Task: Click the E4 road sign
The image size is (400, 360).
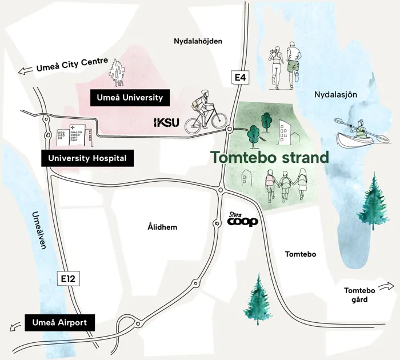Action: coord(240,77)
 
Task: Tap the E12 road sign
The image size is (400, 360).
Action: coord(69,279)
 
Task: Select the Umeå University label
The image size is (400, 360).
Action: coord(130,98)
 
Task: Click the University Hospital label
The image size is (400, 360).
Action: coord(87,158)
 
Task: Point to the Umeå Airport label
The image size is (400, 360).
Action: coord(59,323)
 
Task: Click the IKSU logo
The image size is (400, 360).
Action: coord(167,123)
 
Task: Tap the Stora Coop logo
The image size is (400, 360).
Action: coord(242,219)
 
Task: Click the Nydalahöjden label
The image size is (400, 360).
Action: coord(198,41)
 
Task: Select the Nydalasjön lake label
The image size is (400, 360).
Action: coord(335,95)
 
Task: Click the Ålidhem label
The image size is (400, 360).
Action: coord(162,227)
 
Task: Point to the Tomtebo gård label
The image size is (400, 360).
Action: coord(359,295)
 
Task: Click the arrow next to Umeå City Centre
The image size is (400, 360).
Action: coord(26,70)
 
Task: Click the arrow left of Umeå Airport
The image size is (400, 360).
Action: coord(15,326)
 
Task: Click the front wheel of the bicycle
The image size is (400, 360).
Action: coord(219,121)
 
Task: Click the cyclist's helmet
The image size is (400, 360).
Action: coord(205,93)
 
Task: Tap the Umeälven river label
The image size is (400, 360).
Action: coord(39,230)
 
